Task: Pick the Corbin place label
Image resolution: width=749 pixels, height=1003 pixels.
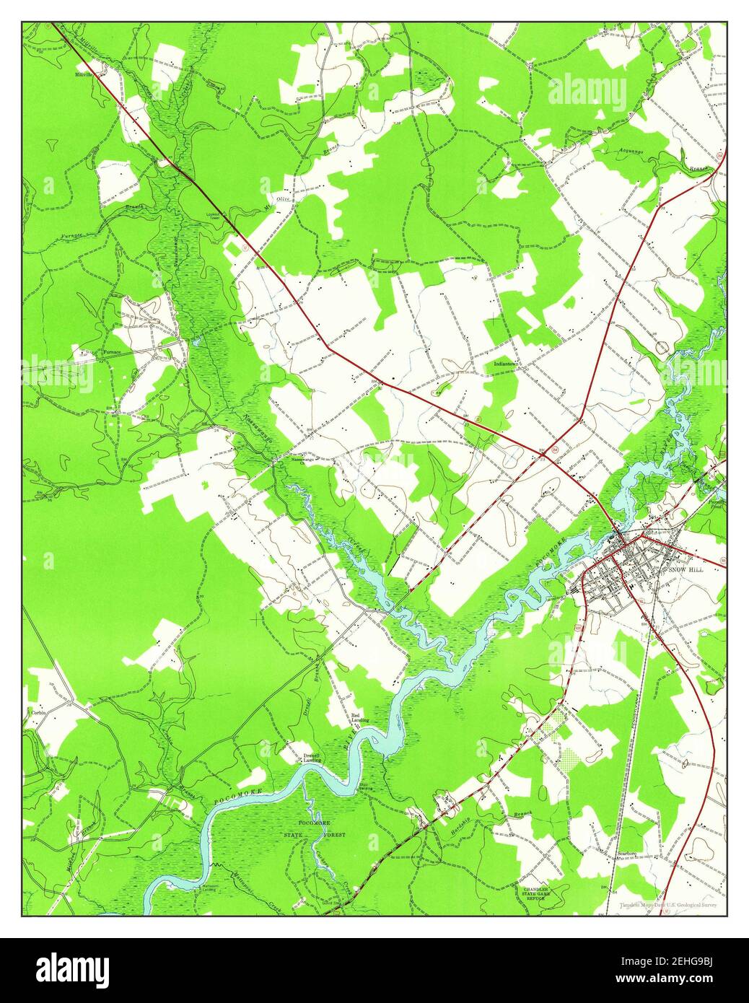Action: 38,712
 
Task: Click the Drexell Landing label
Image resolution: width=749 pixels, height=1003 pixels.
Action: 312,758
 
